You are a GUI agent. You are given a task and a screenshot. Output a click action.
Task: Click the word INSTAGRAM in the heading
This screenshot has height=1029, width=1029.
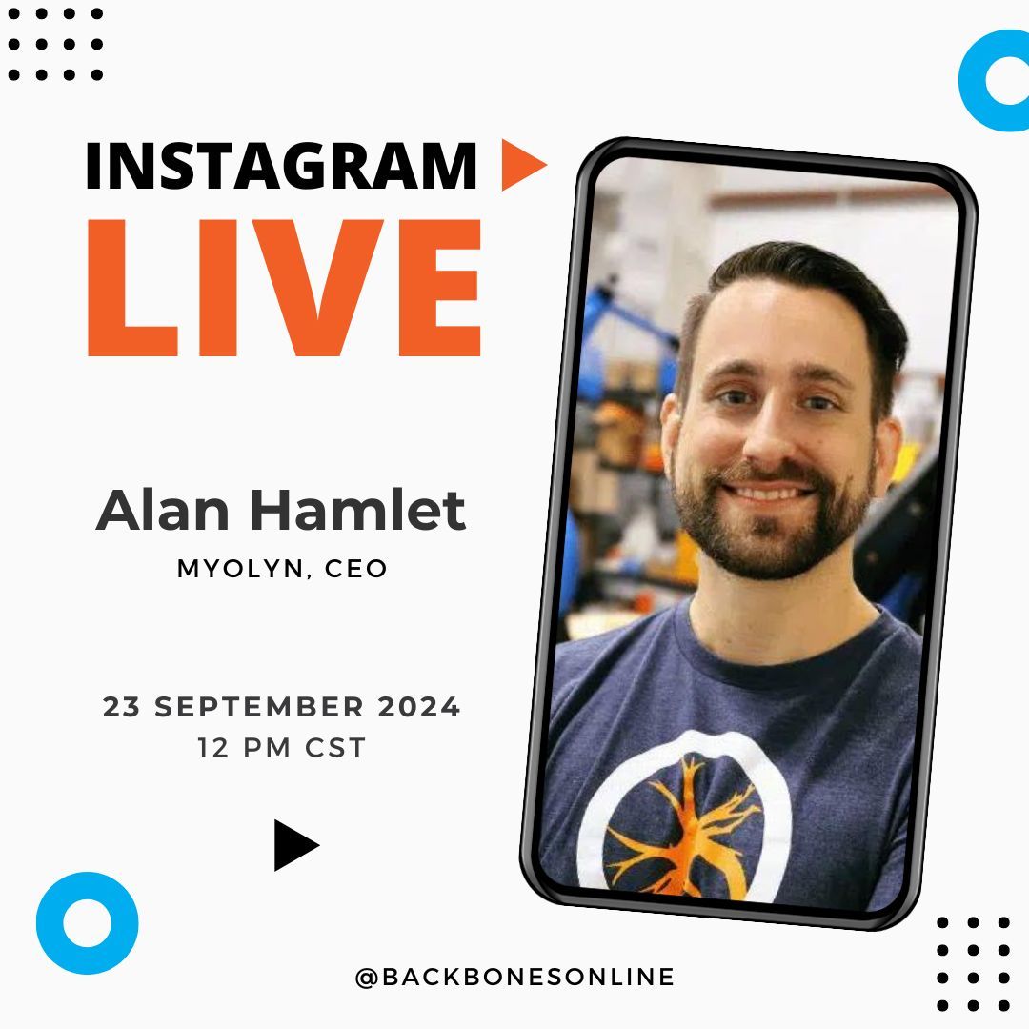tap(281, 167)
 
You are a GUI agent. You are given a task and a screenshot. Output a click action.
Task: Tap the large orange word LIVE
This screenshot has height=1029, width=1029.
tap(284, 288)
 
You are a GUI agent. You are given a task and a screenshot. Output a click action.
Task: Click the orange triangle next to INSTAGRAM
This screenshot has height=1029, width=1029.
tap(520, 164)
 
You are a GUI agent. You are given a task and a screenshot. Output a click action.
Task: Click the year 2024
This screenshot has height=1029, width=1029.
tap(419, 708)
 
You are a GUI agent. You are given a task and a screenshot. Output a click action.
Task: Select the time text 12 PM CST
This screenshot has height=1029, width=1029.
tap(282, 748)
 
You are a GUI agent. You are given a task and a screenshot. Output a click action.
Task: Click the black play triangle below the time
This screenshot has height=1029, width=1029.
tap(293, 845)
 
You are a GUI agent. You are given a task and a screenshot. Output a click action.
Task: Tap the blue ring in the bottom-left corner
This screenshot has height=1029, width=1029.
tap(88, 922)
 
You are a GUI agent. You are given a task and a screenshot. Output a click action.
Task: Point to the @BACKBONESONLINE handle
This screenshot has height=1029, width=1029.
tap(514, 977)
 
